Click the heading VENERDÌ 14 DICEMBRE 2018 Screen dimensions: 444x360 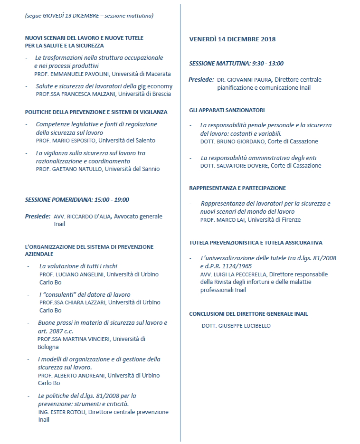pos(232,39)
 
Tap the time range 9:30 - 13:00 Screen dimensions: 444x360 pos(267,63)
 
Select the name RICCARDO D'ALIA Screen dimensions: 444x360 pos(89,217)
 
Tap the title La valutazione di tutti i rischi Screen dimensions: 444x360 pos(78,266)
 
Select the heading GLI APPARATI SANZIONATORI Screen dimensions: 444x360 pos(227,110)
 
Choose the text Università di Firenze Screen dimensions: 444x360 pos(274,220)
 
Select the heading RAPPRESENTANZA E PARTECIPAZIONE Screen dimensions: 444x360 pos(237,188)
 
